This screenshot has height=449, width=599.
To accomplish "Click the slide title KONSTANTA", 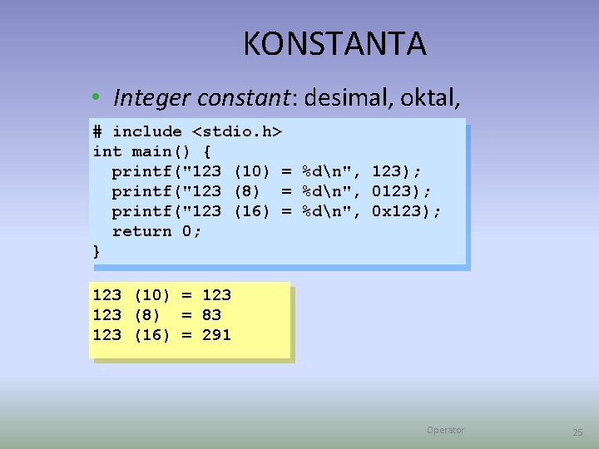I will pos(334,44).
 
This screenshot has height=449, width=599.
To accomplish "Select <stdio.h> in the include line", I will pos(237,131).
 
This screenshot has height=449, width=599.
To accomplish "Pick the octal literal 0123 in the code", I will pos(391,191).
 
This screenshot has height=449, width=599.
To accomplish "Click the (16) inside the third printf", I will pos(252,211).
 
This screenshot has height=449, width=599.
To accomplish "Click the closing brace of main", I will pos(97,251).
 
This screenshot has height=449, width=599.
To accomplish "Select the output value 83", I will pos(211,314).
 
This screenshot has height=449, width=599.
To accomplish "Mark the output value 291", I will pos(216,334).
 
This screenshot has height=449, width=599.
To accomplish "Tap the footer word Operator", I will pos(445,430).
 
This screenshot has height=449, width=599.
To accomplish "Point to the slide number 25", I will pos(577,432).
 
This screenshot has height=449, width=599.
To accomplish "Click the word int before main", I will pos(107,151).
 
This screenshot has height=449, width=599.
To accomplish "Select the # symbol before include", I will pos(97,131).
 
